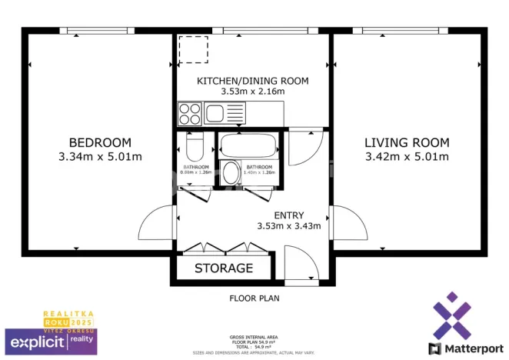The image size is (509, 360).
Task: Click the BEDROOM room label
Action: coord(100,142)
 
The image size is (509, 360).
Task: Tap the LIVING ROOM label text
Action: coord(406,142)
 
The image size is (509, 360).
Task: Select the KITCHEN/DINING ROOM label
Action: coord(252,81)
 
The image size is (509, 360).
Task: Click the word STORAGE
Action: coord(224,268)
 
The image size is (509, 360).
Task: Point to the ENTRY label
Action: coord(288,215)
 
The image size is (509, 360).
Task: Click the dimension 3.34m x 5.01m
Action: coord(100,157)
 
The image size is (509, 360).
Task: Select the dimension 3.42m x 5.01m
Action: coord(406,157)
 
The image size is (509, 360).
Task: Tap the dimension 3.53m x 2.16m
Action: coord(252,92)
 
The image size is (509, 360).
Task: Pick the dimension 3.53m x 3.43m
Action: coord(288,226)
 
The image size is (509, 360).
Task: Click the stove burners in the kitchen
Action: coord(189,114)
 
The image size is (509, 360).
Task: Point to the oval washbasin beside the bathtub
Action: coord(230,173)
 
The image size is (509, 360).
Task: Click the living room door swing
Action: coord(350,224)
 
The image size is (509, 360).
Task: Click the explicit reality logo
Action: coord(51,339)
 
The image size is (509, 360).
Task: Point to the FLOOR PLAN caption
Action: coord(254,298)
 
